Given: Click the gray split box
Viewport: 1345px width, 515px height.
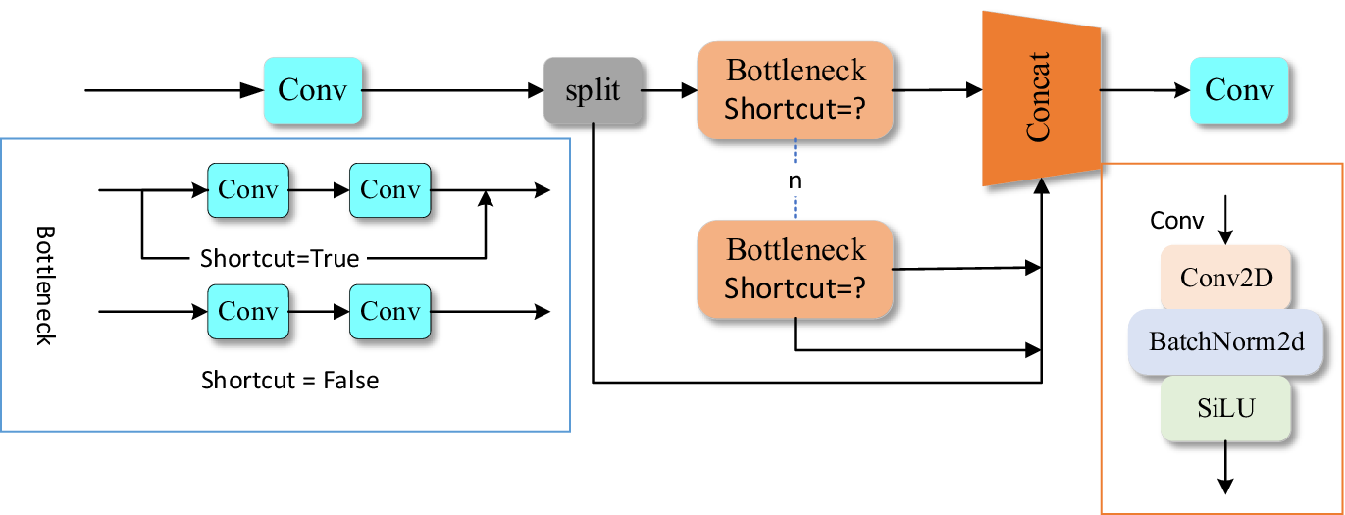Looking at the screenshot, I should tap(593, 91).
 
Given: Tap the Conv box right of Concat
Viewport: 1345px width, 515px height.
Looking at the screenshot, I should tap(1239, 90).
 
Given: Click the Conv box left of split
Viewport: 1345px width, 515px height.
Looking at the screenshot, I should tap(312, 90).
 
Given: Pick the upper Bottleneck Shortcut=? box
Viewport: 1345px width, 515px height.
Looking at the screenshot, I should tap(796, 89).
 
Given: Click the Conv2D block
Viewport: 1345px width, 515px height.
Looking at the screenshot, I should tap(1226, 277).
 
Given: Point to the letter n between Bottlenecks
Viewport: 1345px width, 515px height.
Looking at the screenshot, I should tap(796, 180).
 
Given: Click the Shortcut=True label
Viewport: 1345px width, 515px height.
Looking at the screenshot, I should tap(280, 259).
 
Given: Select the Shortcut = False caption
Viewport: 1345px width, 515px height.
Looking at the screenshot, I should tap(289, 379).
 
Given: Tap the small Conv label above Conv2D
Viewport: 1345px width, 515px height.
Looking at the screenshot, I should tap(1176, 221).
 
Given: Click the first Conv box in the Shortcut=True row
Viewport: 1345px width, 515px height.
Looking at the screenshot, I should tap(248, 189).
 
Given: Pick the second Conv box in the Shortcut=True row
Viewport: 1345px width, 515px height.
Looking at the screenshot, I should tap(390, 189).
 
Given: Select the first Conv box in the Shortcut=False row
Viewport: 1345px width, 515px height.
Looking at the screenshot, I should tap(248, 312).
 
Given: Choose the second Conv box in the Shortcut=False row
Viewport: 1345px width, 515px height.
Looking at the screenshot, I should tap(390, 312).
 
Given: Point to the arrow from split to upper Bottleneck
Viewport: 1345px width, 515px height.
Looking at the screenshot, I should tap(669, 90).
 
